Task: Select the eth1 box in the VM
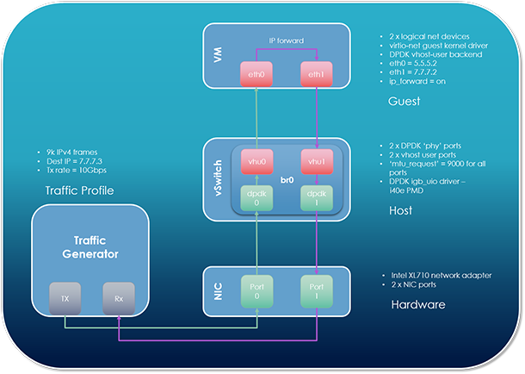coord(316,74)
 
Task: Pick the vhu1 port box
coord(316,162)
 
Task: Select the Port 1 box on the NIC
coord(316,291)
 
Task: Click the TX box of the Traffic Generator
coord(65,297)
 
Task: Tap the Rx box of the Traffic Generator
coord(118,297)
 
